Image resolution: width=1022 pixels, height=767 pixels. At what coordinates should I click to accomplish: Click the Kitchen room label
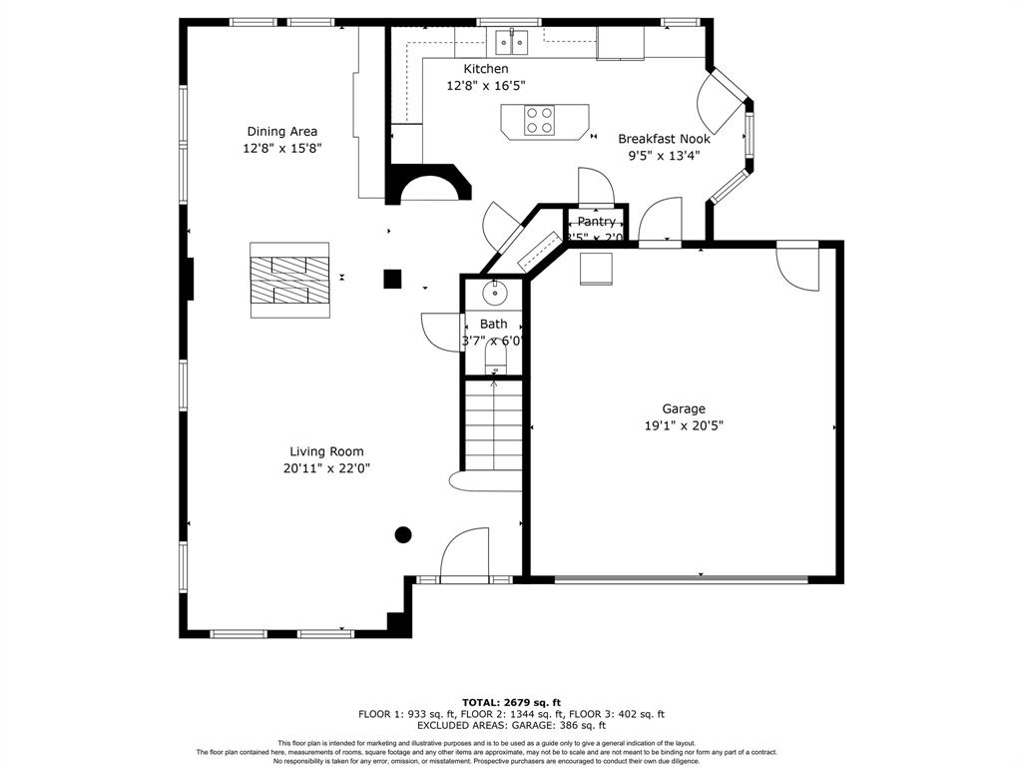[486, 69]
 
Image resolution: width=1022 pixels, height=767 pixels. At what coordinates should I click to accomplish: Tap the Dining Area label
[282, 132]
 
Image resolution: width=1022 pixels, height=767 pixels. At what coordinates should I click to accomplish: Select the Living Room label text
[326, 451]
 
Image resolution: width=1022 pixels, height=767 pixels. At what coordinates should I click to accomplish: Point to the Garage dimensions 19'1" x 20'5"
[684, 424]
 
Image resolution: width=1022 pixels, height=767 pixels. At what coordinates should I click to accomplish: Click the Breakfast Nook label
[664, 139]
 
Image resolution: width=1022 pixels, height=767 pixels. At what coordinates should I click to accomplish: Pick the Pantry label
[596, 222]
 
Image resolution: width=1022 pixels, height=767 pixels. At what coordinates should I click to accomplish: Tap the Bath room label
[493, 324]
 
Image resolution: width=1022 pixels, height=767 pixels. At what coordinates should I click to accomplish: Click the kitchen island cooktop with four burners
[540, 120]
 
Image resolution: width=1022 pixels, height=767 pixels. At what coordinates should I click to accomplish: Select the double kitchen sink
[512, 42]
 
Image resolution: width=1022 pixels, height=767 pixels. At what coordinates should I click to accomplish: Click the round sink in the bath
[493, 294]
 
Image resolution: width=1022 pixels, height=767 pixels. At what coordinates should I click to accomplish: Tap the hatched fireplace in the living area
[289, 280]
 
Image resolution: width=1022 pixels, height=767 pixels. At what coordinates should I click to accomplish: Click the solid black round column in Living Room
[403, 534]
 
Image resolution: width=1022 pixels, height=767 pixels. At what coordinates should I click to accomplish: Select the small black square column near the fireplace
[393, 279]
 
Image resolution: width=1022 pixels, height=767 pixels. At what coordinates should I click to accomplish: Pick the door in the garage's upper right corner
[798, 266]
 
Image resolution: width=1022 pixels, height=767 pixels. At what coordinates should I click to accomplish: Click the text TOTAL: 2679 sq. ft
[511, 702]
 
